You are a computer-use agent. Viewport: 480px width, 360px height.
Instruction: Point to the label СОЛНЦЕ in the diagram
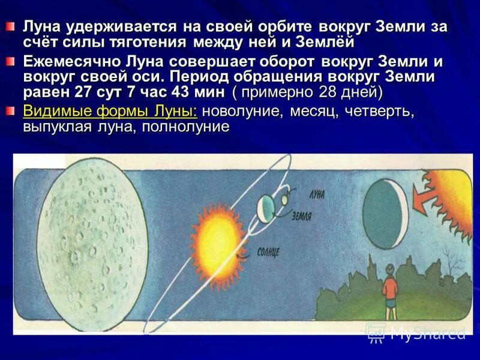[x=268, y=252]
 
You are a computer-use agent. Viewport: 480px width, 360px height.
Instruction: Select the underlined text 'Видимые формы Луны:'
[x=111, y=112]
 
